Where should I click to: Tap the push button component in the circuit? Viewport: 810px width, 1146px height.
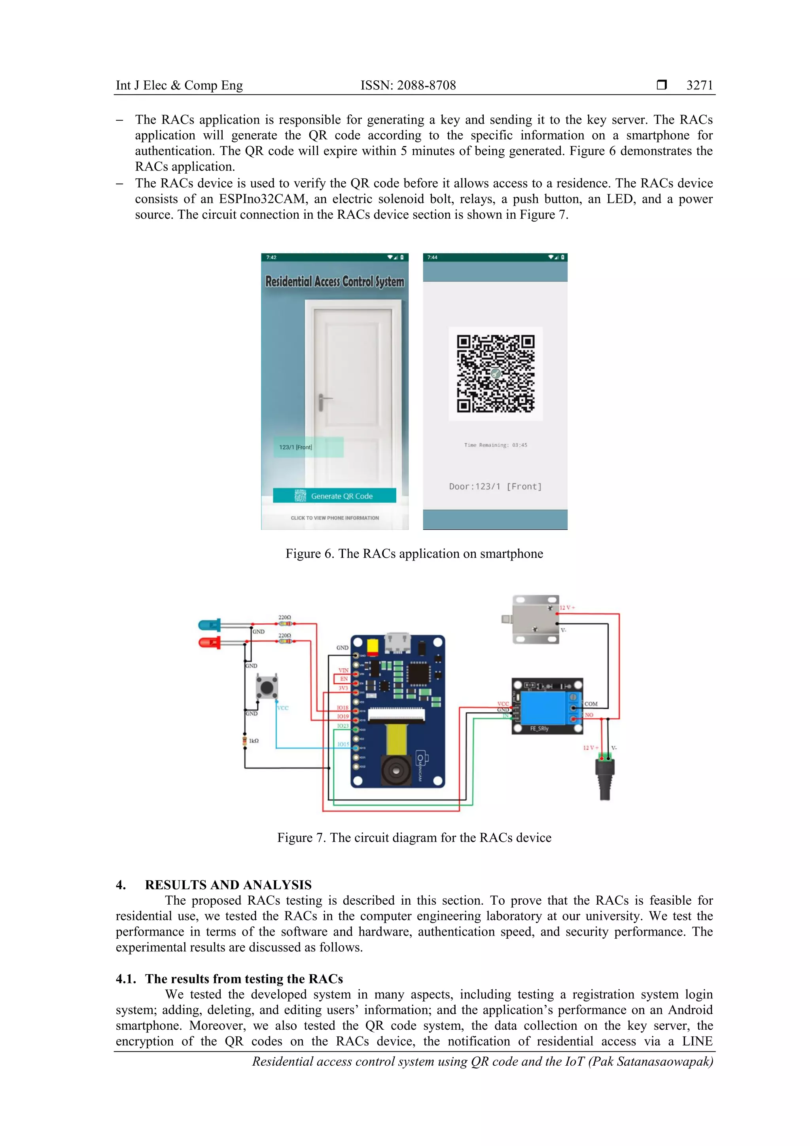pyautogui.click(x=267, y=687)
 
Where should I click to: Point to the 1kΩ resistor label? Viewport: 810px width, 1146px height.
pyautogui.click(x=254, y=741)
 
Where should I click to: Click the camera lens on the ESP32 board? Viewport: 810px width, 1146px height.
pyautogui.click(x=396, y=771)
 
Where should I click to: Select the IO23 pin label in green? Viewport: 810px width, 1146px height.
pyautogui.click(x=343, y=726)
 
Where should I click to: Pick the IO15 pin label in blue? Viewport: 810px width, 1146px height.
pyautogui.click(x=343, y=744)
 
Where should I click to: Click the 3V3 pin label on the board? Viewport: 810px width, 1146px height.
pyautogui.click(x=343, y=688)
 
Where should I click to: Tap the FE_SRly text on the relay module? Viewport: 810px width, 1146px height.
pyautogui.click(x=539, y=729)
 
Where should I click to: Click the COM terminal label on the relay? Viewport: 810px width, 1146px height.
pyautogui.click(x=591, y=704)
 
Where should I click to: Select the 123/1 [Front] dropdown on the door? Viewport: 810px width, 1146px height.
pyautogui.click(x=308, y=447)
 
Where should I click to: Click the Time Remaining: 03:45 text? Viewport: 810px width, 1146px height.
pyautogui.click(x=495, y=445)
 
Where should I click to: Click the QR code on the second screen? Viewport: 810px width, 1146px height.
pyautogui.click(x=495, y=373)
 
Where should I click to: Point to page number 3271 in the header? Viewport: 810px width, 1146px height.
pyautogui.click(x=699, y=85)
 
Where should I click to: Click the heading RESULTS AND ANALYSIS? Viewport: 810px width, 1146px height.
pyautogui.click(x=228, y=885)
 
